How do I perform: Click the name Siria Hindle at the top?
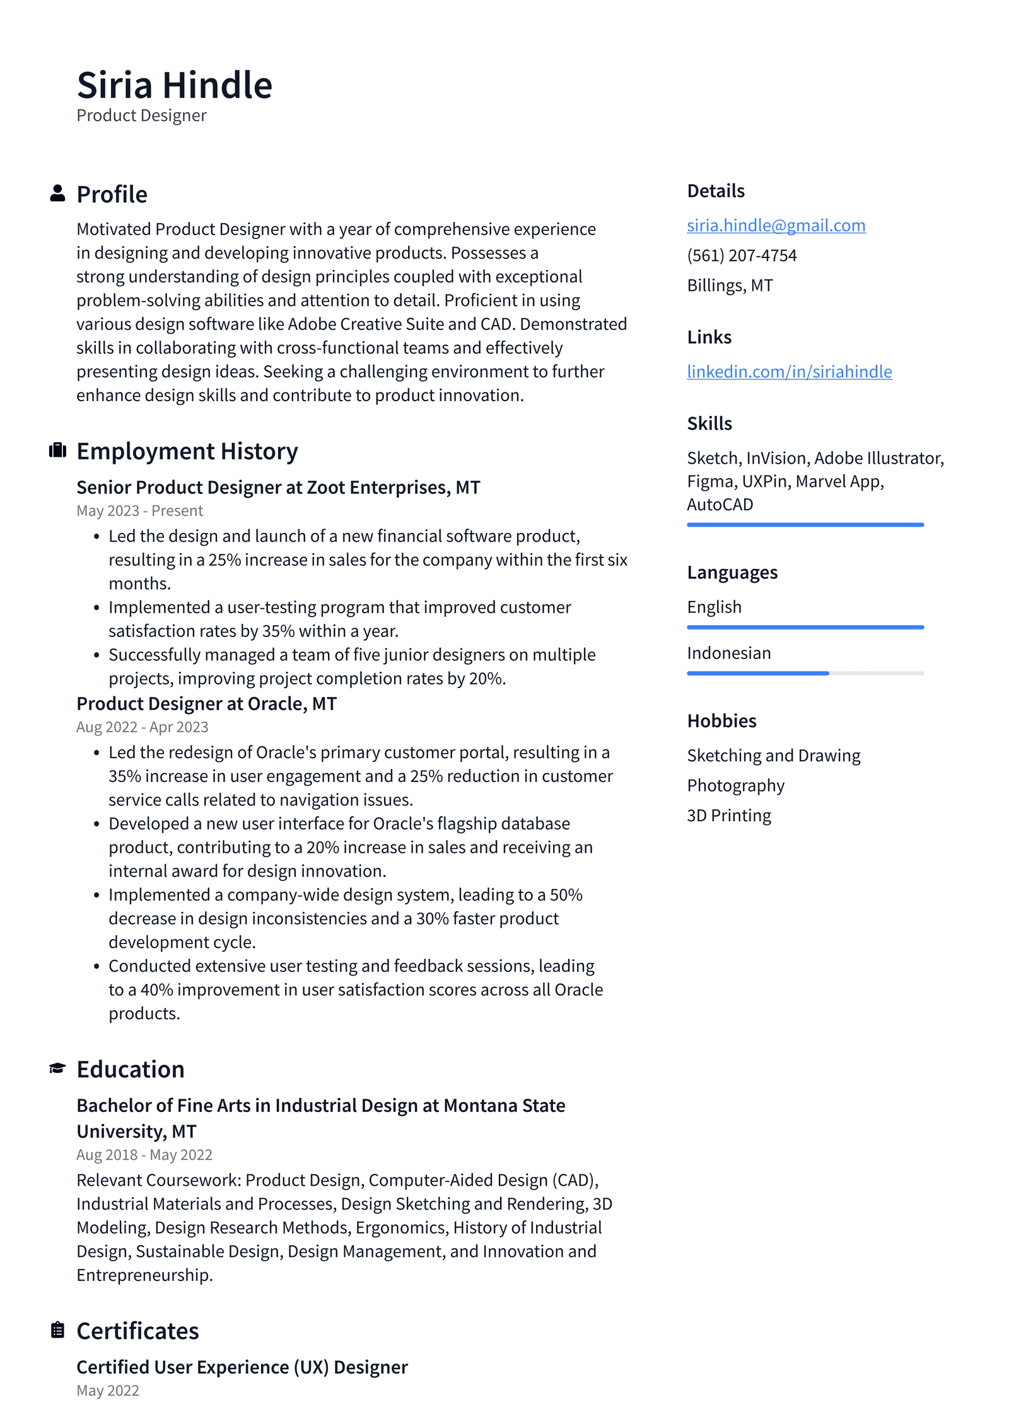point(174,85)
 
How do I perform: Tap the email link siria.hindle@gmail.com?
point(776,225)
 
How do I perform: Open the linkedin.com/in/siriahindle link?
point(789,371)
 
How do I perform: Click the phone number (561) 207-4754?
point(742,255)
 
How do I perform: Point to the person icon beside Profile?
point(57,194)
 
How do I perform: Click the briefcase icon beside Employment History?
point(57,450)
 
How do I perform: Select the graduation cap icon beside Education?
point(57,1068)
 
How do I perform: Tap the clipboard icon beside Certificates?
point(57,1330)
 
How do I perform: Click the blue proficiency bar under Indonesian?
point(757,674)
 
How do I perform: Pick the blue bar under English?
point(805,628)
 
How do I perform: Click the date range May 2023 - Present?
point(139,511)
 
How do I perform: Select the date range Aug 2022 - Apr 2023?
point(142,727)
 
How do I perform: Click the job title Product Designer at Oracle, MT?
point(206,704)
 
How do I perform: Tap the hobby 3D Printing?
point(728,815)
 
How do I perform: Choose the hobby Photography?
point(735,785)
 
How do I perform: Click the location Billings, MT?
point(730,286)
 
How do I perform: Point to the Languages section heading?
point(732,573)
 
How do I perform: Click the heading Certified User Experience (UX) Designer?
point(242,1367)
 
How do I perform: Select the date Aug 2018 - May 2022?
point(144,1155)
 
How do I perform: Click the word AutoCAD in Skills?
point(720,505)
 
